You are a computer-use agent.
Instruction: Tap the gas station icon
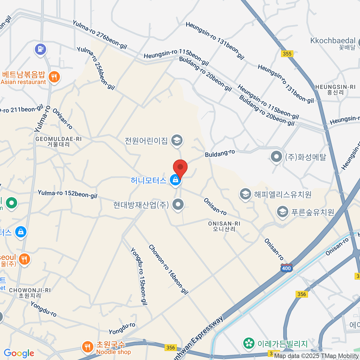[x=40, y=49]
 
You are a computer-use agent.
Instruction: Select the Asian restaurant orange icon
[x=54, y=77]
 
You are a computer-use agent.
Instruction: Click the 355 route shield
[x=287, y=54]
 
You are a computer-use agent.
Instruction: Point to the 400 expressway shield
[x=286, y=268]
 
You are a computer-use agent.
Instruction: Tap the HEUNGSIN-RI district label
[x=335, y=89]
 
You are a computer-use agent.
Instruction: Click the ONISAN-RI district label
[x=224, y=226]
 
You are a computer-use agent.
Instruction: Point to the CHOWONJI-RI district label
[x=30, y=293]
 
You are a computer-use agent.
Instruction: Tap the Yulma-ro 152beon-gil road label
[x=67, y=194]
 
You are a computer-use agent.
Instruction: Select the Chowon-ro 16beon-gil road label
[x=168, y=269]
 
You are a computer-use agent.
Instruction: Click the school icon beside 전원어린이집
[x=177, y=140]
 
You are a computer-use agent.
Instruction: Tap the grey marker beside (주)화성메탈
[x=276, y=157]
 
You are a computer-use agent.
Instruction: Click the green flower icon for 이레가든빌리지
[x=249, y=343]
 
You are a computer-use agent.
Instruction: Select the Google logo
[x=19, y=353]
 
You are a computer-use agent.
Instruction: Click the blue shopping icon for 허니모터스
[x=175, y=180]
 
